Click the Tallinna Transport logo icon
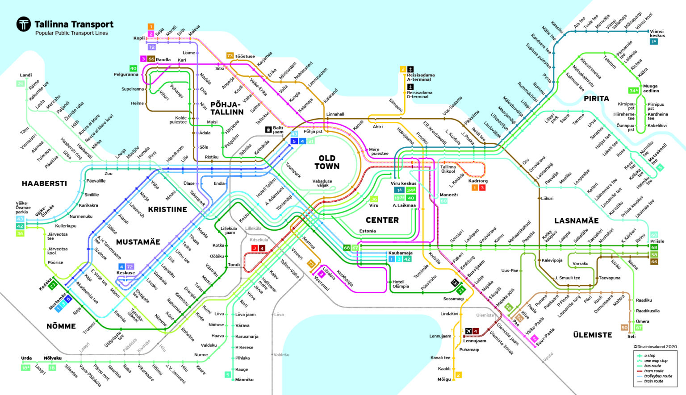click(24, 24)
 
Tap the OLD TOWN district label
click(327, 162)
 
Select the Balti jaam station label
click(278, 130)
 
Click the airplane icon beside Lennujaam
click(468, 331)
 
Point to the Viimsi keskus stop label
click(657, 33)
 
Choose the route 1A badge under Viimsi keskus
click(654, 42)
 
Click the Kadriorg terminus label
click(477, 181)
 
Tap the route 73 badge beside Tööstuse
click(230, 56)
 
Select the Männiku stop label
click(244, 380)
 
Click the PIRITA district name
click(596, 99)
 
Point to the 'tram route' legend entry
click(653, 371)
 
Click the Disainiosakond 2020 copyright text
click(655, 346)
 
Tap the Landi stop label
click(26, 75)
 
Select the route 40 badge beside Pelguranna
click(133, 68)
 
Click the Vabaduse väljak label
click(322, 183)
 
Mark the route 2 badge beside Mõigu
click(458, 375)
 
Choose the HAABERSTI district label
click(44, 183)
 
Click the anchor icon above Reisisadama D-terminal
click(410, 87)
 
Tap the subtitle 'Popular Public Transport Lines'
click(71, 33)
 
